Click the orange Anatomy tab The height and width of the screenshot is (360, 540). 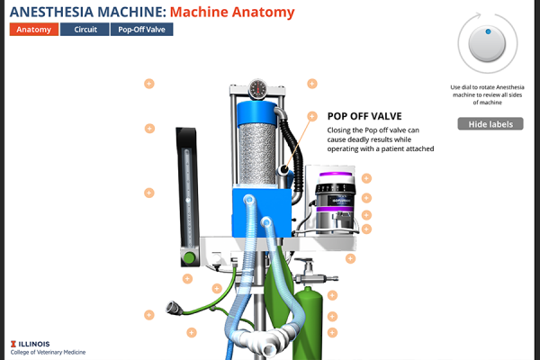click(34, 29)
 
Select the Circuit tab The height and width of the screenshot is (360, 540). click(85, 29)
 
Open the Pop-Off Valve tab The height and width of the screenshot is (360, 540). click(143, 29)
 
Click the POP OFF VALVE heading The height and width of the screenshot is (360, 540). click(364, 116)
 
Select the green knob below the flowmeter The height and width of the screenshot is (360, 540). click(189, 257)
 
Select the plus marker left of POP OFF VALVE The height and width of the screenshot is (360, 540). click(312, 116)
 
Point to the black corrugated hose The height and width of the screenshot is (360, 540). click(289, 139)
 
